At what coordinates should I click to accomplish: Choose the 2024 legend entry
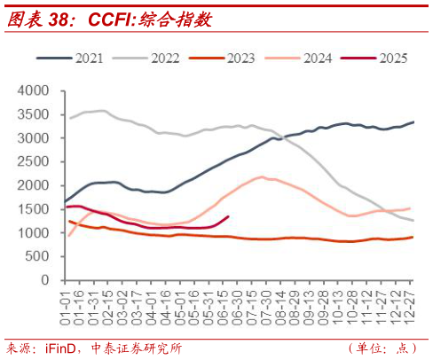pos(316,59)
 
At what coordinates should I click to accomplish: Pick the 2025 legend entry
pos(390,59)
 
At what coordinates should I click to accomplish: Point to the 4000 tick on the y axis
pos(34,91)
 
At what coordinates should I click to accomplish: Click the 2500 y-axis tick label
pos(34,162)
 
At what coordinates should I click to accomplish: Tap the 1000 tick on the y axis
pos(34,232)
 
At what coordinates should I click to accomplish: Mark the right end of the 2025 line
pos(229,216)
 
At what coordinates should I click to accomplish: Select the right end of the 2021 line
pos(413,122)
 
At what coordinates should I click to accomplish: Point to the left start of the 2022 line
pos(69,118)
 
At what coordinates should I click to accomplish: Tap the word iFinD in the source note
pos(60,348)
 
